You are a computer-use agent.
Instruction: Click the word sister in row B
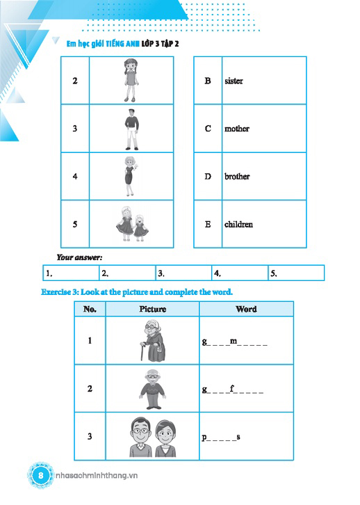(234, 81)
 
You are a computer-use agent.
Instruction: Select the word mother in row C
(237, 129)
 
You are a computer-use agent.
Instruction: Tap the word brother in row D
(237, 176)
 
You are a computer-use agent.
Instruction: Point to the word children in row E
(238, 224)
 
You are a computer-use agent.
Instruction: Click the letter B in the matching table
(208, 81)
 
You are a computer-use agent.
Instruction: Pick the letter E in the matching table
(208, 224)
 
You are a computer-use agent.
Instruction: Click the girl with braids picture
(131, 80)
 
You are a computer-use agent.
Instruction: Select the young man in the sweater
(131, 129)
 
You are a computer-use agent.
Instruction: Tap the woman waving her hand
(130, 176)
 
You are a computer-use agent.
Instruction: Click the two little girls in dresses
(133, 224)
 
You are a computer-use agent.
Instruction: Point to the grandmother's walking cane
(142, 352)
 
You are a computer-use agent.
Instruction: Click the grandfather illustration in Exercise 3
(152, 389)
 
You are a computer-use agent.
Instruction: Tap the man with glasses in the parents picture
(141, 437)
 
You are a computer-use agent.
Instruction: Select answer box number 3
(183, 273)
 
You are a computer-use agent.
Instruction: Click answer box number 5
(296, 273)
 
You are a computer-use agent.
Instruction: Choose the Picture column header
(152, 309)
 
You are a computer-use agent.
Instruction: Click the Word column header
(246, 309)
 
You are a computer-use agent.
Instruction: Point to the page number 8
(40, 475)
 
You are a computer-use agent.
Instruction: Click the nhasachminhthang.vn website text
(97, 475)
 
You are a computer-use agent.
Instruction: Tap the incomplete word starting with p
(221, 438)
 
